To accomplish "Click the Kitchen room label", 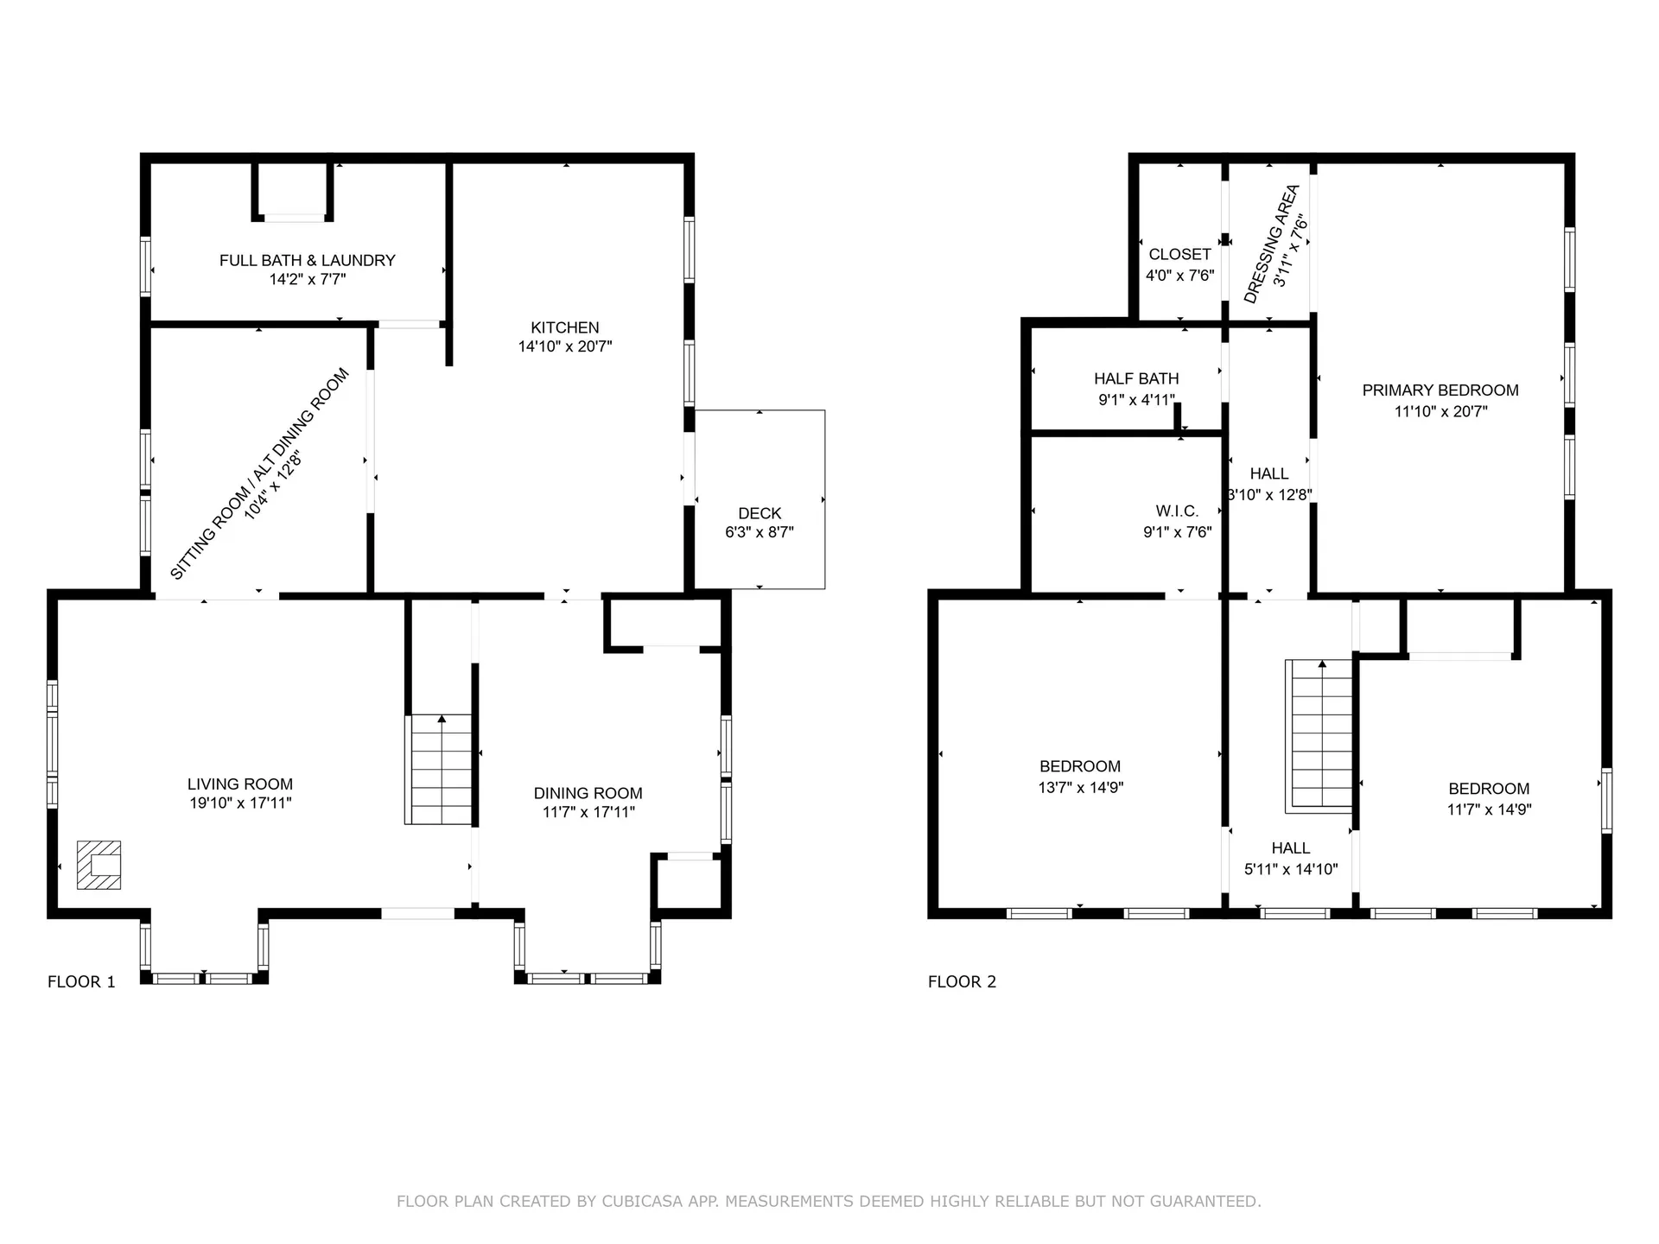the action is [x=565, y=327].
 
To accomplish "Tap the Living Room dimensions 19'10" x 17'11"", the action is [x=240, y=803].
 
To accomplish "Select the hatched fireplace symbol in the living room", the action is [x=99, y=865].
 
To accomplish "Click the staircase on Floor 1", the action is [x=439, y=769].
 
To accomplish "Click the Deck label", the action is [x=760, y=513].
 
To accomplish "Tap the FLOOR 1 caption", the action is [x=81, y=981].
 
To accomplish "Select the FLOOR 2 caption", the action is [x=962, y=981].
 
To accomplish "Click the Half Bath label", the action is [x=1136, y=378].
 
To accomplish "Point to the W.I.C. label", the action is [x=1177, y=511].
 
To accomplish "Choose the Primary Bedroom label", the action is [x=1440, y=390].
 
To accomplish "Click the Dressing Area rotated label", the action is [x=1271, y=244].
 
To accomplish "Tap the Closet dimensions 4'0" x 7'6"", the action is [x=1180, y=276].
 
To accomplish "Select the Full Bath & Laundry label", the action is [x=308, y=260].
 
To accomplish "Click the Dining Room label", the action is [x=588, y=793].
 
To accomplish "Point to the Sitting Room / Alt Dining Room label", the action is [x=258, y=473].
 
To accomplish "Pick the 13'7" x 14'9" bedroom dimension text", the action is [x=1081, y=787].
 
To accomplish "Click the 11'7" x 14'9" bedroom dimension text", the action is [x=1490, y=809].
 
